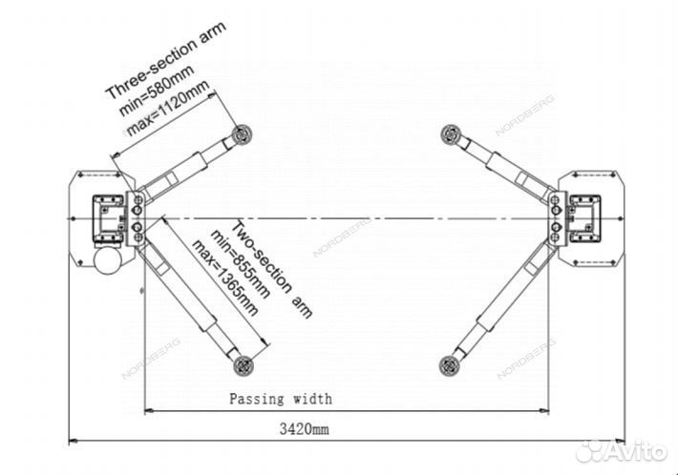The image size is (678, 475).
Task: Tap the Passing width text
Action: [280, 399]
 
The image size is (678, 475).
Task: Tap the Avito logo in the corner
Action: [622, 450]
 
